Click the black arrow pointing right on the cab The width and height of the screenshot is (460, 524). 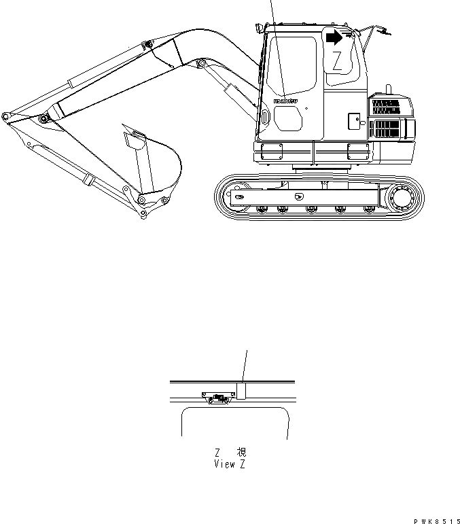[334, 37]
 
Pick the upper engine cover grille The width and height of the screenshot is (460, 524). [385, 107]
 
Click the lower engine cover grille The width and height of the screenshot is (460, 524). [385, 128]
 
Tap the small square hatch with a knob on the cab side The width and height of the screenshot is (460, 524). [353, 121]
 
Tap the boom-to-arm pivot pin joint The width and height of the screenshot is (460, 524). [45, 120]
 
